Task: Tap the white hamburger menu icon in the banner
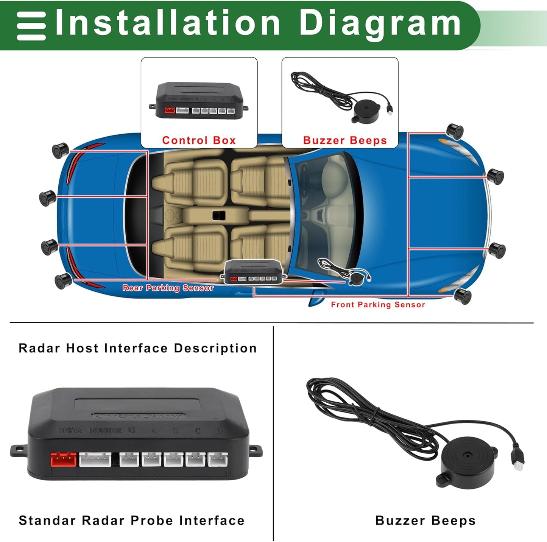(31, 26)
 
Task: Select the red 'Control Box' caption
(199, 140)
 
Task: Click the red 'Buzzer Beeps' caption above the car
(345, 140)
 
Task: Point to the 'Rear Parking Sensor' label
(168, 288)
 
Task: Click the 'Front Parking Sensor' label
(378, 305)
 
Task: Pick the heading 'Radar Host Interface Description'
(137, 348)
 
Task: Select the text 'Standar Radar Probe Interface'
(131, 520)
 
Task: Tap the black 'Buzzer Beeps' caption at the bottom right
(425, 520)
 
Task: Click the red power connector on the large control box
(64, 459)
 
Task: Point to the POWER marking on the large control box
(70, 431)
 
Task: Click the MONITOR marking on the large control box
(106, 431)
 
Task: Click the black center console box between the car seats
(218, 216)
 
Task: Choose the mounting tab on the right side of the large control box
(256, 450)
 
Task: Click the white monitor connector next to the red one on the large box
(95, 459)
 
